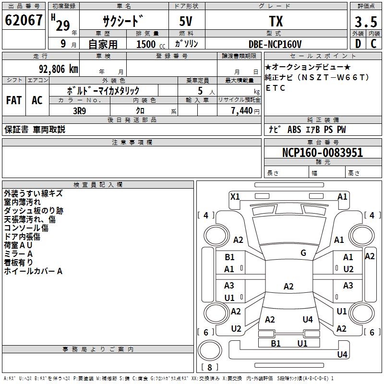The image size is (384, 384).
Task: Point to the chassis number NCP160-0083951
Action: pos(323,153)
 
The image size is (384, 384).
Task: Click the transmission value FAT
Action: pos(13,100)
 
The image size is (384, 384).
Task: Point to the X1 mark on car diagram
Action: pos(235,196)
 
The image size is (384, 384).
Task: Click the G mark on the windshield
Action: pos(303,252)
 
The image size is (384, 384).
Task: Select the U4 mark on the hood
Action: pos(308,319)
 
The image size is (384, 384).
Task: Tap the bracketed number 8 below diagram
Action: pos(209,367)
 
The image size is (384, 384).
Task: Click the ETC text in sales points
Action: pos(276,88)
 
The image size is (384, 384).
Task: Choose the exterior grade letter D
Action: pos(358,44)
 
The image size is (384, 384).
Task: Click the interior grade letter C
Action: pos(373,44)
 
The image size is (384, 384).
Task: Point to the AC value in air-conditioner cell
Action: pos(37,100)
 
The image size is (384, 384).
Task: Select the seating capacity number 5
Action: pos(199,91)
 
